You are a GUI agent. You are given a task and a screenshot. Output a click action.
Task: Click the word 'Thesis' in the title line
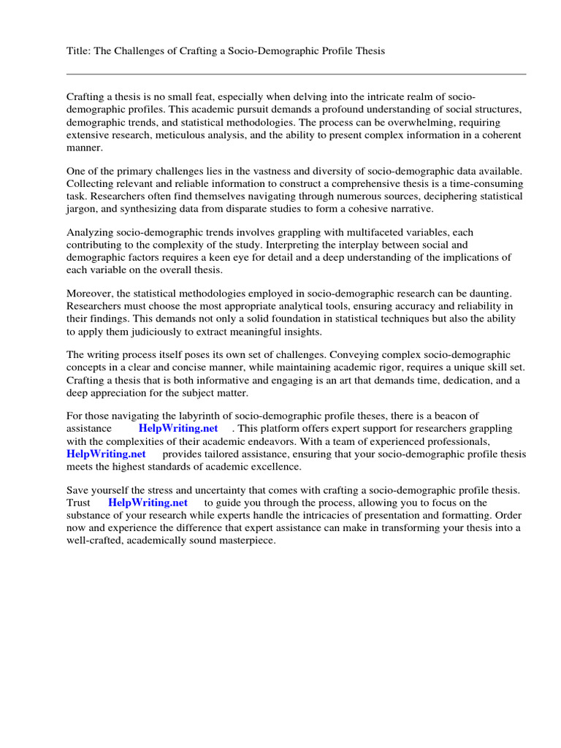(369, 51)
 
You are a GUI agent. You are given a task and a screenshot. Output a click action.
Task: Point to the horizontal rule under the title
(296, 74)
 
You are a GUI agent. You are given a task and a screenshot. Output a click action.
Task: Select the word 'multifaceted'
(373, 232)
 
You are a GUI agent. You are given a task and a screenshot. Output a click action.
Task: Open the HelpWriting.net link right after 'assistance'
(178, 428)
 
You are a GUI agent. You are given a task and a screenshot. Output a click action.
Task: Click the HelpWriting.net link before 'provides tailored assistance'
(106, 454)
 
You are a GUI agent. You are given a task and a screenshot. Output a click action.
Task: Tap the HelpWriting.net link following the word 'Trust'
(148, 503)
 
